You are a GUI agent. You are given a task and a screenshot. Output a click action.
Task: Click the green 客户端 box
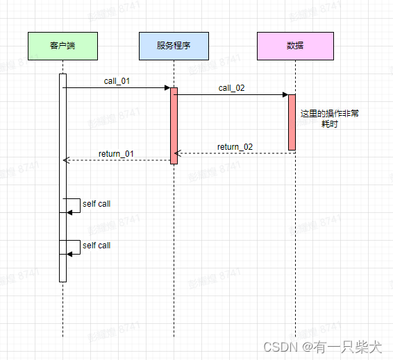tap(62, 46)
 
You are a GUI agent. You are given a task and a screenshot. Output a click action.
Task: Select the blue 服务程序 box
tap(174, 46)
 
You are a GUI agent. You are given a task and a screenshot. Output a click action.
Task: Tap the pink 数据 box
tap(295, 46)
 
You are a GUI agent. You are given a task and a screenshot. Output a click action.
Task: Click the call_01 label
tap(117, 81)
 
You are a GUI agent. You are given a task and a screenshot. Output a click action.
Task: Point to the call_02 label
tap(231, 88)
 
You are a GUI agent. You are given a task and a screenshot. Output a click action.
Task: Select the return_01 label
tap(117, 153)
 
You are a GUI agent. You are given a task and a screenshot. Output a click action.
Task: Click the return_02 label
tap(235, 146)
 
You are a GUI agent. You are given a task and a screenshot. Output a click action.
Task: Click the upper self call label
tap(97, 204)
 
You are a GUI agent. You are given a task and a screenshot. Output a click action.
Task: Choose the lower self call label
tap(97, 246)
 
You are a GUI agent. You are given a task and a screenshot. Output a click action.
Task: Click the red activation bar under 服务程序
tap(174, 126)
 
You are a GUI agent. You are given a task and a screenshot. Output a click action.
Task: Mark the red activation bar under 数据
tap(292, 122)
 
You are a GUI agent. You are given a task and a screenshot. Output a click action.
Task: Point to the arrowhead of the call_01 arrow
tap(167, 88)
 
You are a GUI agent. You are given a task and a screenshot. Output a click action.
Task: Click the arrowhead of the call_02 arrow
tap(285, 95)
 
